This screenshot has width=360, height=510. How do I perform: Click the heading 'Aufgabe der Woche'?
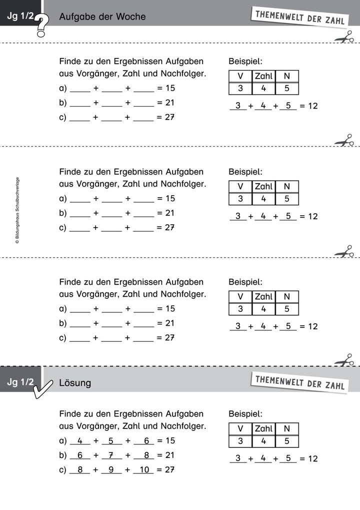[x=102, y=17]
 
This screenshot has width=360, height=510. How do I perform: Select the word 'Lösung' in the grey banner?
[x=75, y=383]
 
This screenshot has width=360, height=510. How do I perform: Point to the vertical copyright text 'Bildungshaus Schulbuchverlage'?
[x=17, y=211]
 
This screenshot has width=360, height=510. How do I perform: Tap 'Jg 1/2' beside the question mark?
[x=20, y=17]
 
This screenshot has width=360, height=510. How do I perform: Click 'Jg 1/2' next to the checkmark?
[x=20, y=382]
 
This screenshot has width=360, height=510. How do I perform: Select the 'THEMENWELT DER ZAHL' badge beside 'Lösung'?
[x=299, y=382]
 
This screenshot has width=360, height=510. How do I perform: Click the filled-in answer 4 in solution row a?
[x=80, y=440]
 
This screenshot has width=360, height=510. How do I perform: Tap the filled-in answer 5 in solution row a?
[x=111, y=440]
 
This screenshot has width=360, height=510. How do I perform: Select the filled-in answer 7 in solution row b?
[x=111, y=455]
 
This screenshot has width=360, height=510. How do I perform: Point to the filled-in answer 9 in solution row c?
[x=111, y=469]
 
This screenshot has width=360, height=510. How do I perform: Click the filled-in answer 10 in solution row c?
[x=143, y=469]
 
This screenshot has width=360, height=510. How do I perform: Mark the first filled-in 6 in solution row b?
[x=80, y=455]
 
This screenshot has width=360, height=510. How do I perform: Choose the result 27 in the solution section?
[x=170, y=469]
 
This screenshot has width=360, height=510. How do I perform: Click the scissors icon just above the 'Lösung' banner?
[x=343, y=361]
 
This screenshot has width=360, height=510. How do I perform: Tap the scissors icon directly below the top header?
[x=343, y=38]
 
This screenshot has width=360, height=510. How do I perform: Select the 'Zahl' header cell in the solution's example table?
[x=263, y=428]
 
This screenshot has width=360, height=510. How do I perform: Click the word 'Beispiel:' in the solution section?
[x=245, y=414]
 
